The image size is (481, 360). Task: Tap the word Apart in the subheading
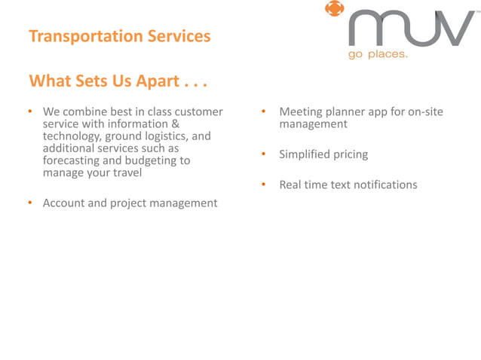point(153,81)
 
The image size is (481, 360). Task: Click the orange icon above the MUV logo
point(333,10)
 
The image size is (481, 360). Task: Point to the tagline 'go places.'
point(377,55)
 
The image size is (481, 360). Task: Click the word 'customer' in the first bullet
point(198,112)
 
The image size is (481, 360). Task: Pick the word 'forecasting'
point(73,160)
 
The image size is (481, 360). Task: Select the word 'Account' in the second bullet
point(64,203)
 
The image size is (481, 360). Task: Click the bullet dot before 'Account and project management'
point(30,203)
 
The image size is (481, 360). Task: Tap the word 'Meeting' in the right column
point(301,112)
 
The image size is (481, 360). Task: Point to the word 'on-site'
point(424,112)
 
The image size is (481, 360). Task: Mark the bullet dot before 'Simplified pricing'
point(265,154)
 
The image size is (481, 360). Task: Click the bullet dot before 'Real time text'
point(265,185)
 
